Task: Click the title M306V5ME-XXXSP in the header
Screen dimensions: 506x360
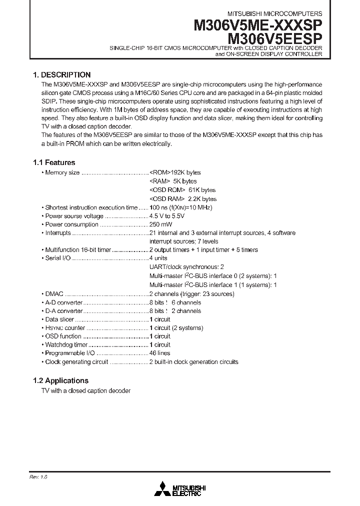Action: click(x=258, y=25)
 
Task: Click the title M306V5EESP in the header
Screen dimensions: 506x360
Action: click(x=275, y=37)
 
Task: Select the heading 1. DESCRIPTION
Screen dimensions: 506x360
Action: click(x=61, y=74)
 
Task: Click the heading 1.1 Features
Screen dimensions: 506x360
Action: click(x=54, y=162)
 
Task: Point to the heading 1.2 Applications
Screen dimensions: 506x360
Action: click(x=60, y=380)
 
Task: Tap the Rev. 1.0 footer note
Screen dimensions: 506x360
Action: click(x=38, y=477)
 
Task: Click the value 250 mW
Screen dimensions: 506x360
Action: click(x=160, y=224)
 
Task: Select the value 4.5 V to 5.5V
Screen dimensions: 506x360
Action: click(x=166, y=216)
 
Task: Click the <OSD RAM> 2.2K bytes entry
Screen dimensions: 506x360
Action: click(x=183, y=198)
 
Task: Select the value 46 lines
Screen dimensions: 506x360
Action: click(x=160, y=353)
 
